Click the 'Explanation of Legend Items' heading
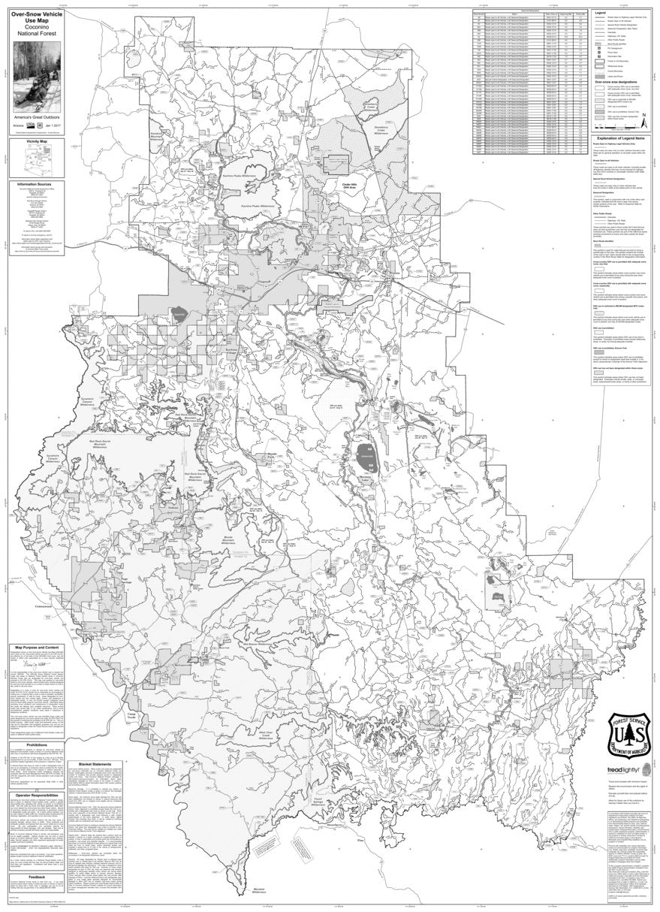(x=613, y=140)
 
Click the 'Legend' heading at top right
(x=600, y=13)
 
